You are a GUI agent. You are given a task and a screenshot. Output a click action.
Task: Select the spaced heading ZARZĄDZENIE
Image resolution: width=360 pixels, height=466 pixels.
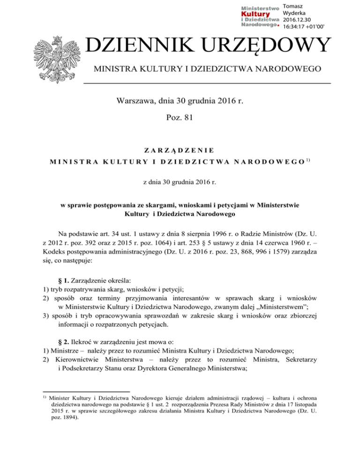pos(180,150)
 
